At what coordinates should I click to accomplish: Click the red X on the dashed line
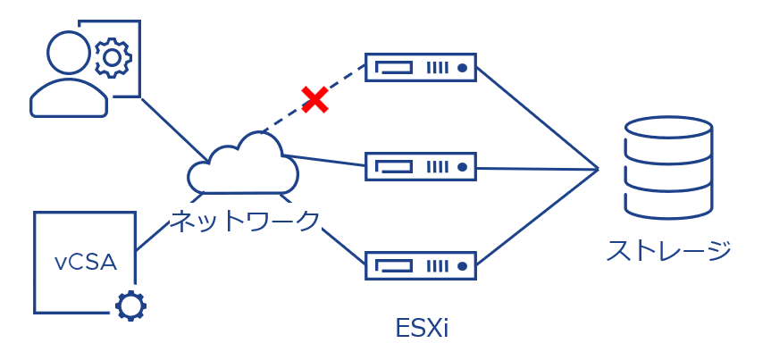point(314,99)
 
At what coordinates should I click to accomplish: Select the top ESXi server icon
point(421,67)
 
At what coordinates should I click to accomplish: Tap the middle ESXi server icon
point(421,166)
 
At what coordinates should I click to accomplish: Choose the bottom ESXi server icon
point(421,264)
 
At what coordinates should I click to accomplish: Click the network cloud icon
point(243,163)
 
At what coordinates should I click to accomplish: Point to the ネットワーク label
point(244,220)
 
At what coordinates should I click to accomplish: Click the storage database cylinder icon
point(668,168)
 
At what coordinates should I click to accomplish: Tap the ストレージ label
point(669,250)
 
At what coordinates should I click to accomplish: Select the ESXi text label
point(421,328)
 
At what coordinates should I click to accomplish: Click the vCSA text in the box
point(85,262)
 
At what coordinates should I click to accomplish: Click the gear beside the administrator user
point(112,58)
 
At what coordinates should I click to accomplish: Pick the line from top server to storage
point(536,116)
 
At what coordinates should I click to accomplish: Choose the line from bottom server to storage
point(536,215)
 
